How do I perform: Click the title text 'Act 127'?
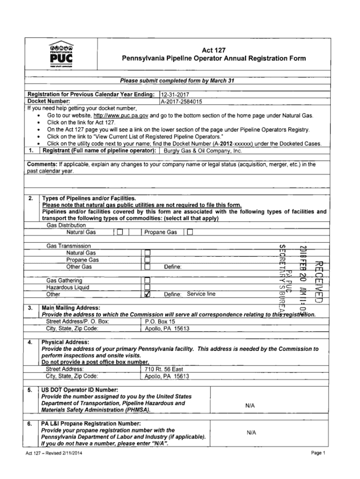pyautogui.click(x=214, y=50)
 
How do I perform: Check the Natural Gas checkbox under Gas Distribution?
pyautogui.click(x=120, y=232)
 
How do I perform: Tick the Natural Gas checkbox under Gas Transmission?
pyautogui.click(x=147, y=253)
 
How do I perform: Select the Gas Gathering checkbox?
pyautogui.click(x=147, y=280)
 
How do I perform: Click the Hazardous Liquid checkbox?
pyautogui.click(x=147, y=287)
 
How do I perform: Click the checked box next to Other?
pyautogui.click(x=147, y=295)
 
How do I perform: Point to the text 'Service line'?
pyautogui.click(x=201, y=294)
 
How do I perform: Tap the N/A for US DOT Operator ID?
pyautogui.click(x=250, y=406)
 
